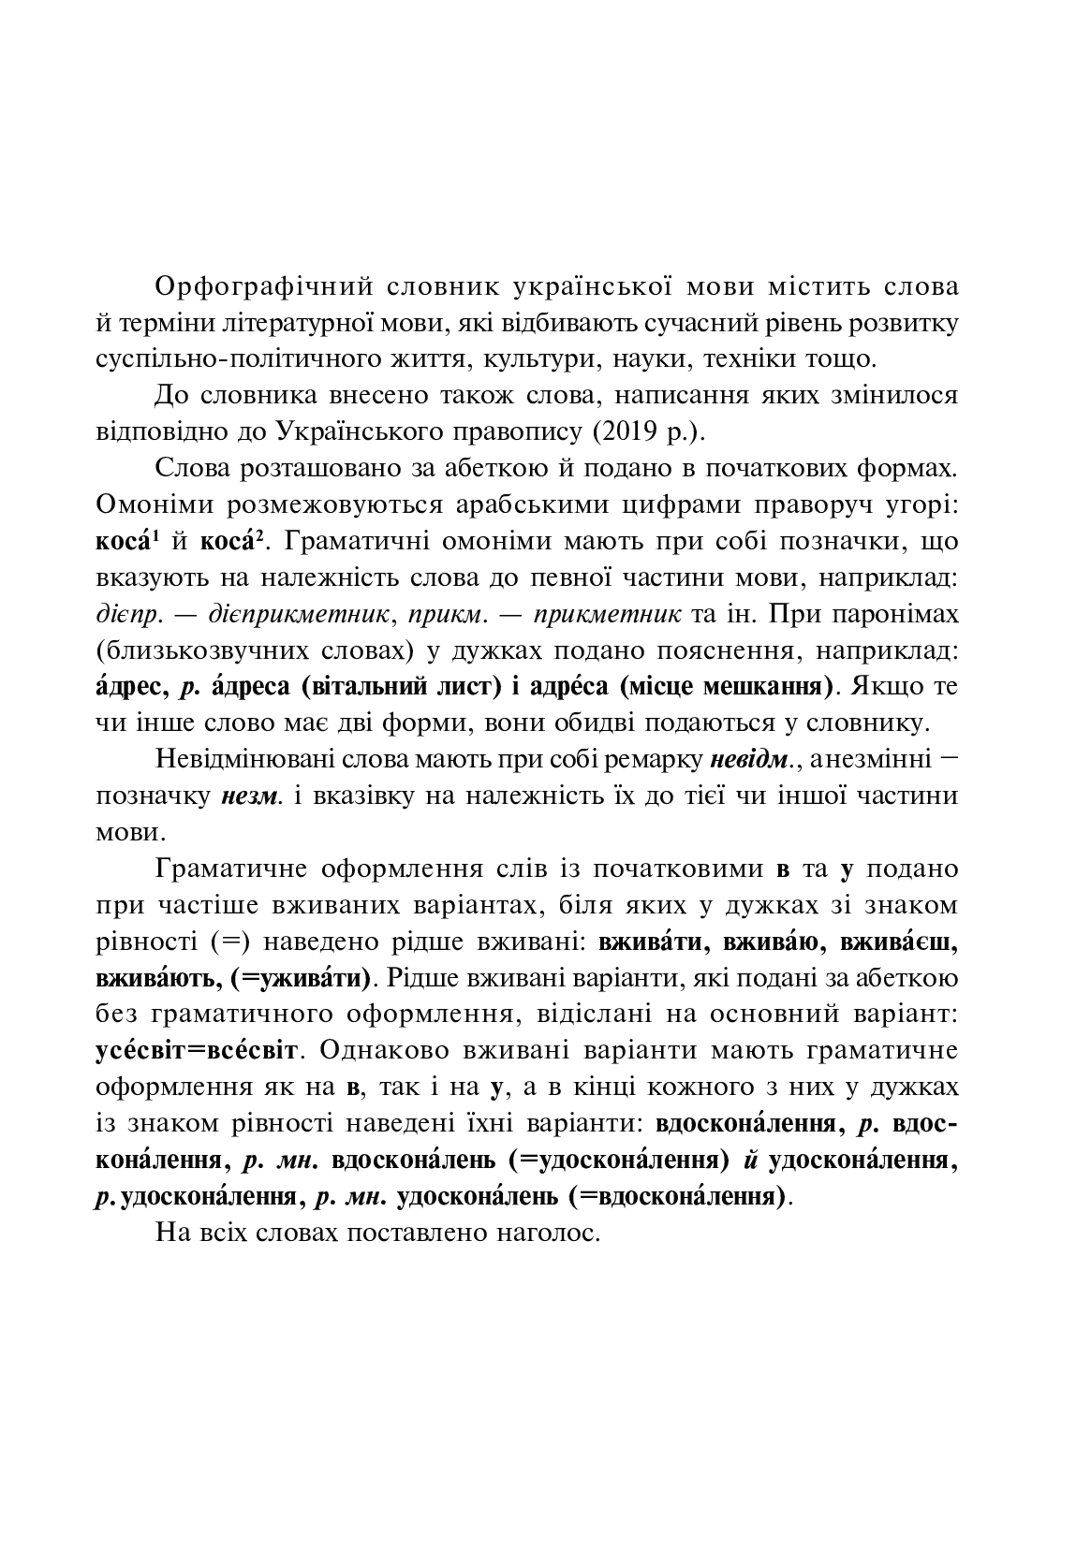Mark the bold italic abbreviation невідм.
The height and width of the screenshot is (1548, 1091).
(755, 759)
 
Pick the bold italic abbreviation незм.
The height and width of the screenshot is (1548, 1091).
(251, 796)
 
